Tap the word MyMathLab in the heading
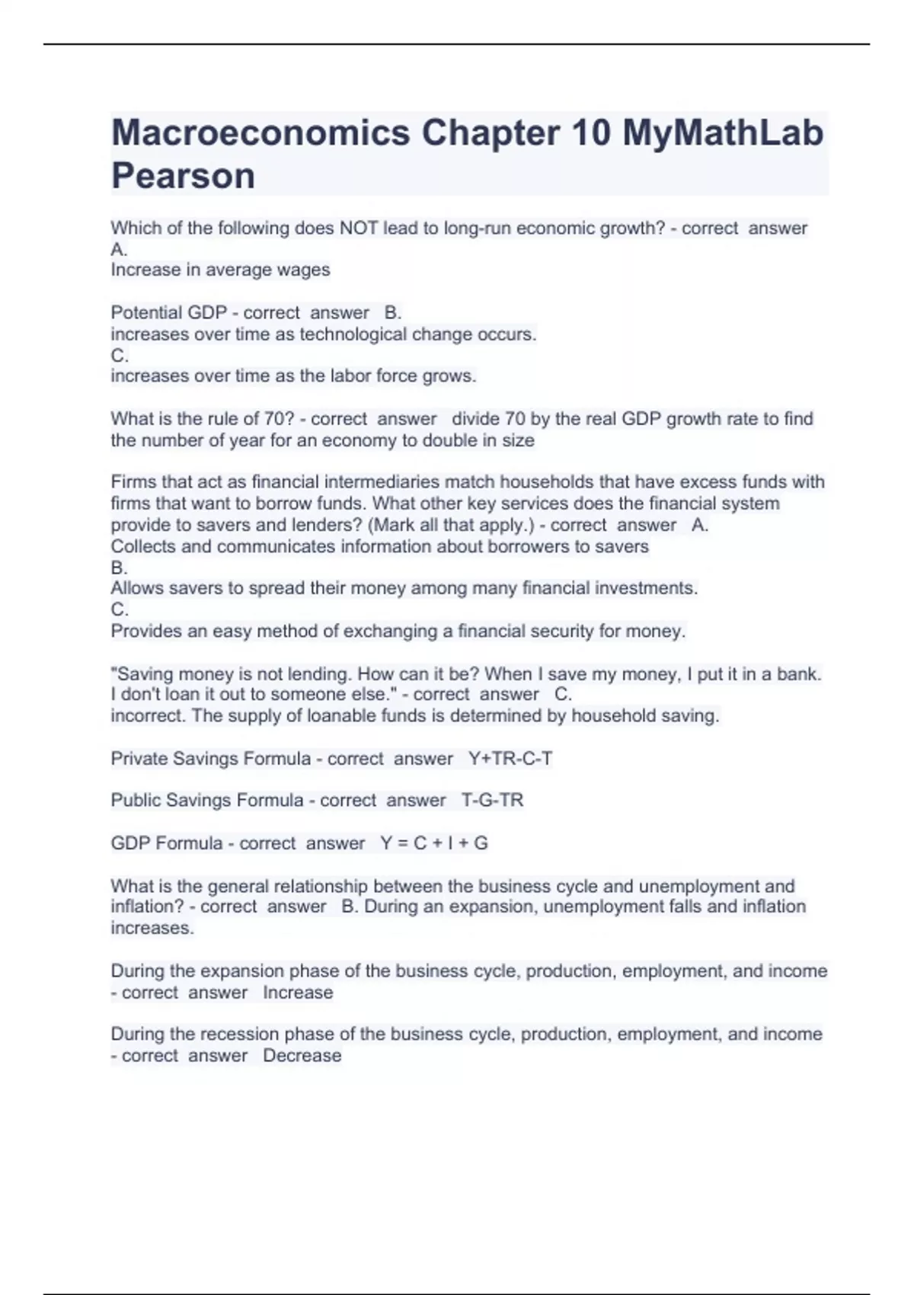[x=723, y=133]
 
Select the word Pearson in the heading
[x=183, y=176]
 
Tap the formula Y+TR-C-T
[x=510, y=759]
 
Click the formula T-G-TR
[x=492, y=801]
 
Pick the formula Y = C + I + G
[x=434, y=843]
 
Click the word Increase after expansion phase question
[x=298, y=993]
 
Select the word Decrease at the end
[x=302, y=1056]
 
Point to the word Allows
[x=134, y=588]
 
